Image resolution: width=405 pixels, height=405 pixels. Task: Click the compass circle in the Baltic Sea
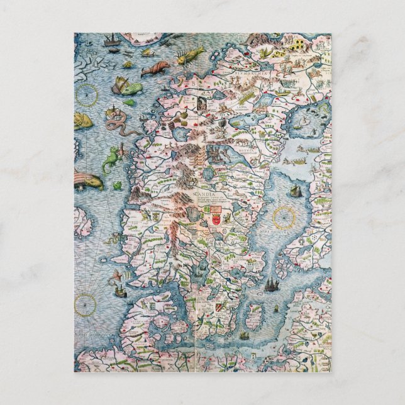(284, 218)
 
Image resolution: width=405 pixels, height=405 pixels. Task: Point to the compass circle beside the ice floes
(87, 95)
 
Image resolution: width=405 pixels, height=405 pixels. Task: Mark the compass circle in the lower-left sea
(86, 304)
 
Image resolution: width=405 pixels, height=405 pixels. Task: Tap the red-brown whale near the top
(153, 68)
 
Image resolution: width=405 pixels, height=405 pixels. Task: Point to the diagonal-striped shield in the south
(218, 307)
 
